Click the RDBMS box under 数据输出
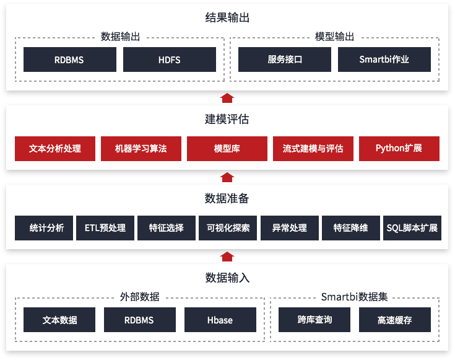(69, 59)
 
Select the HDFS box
(170, 59)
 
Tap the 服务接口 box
(285, 59)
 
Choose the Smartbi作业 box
(384, 59)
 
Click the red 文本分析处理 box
(55, 149)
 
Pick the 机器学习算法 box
(141, 149)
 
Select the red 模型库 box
(227, 149)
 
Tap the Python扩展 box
(399, 149)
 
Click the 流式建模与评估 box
(313, 149)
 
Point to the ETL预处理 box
(105, 228)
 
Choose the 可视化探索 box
(228, 228)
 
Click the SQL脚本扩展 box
(412, 228)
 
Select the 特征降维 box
(350, 228)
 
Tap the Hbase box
(220, 320)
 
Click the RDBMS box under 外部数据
(139, 320)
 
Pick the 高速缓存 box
(394, 320)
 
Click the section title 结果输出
(227, 18)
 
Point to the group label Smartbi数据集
(355, 297)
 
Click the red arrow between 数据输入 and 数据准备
(227, 257)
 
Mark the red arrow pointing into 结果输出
(227, 97)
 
